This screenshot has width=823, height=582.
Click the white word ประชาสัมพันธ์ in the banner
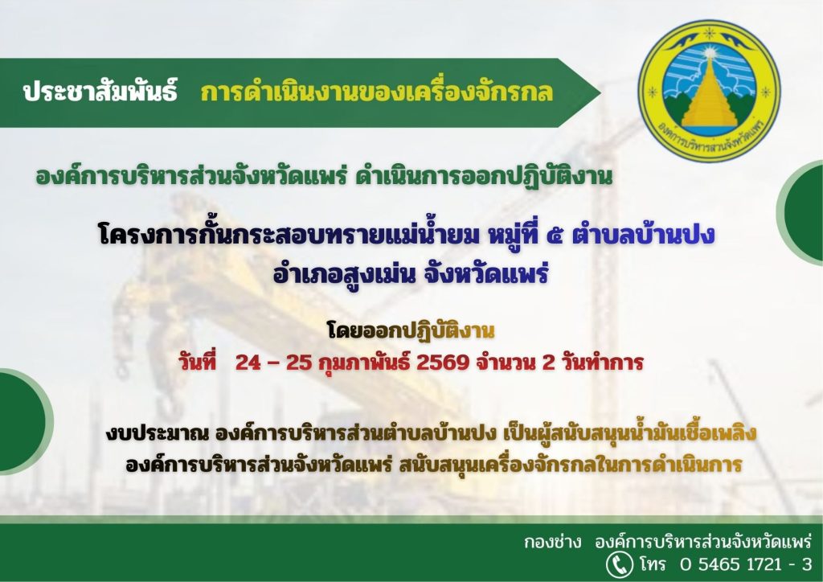pos(100,91)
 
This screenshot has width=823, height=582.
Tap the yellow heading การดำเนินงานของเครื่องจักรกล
pos(376,92)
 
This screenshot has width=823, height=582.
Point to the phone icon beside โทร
pos(620,564)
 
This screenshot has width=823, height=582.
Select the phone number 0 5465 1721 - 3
pos(746,564)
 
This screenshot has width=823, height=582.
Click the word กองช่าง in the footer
pos(553,541)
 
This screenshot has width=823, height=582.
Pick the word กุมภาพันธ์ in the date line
pos(365,363)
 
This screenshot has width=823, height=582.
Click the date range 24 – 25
pos(273,363)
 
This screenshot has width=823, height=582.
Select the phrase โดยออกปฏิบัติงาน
pos(411,331)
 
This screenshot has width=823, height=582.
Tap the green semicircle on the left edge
pos(23,421)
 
